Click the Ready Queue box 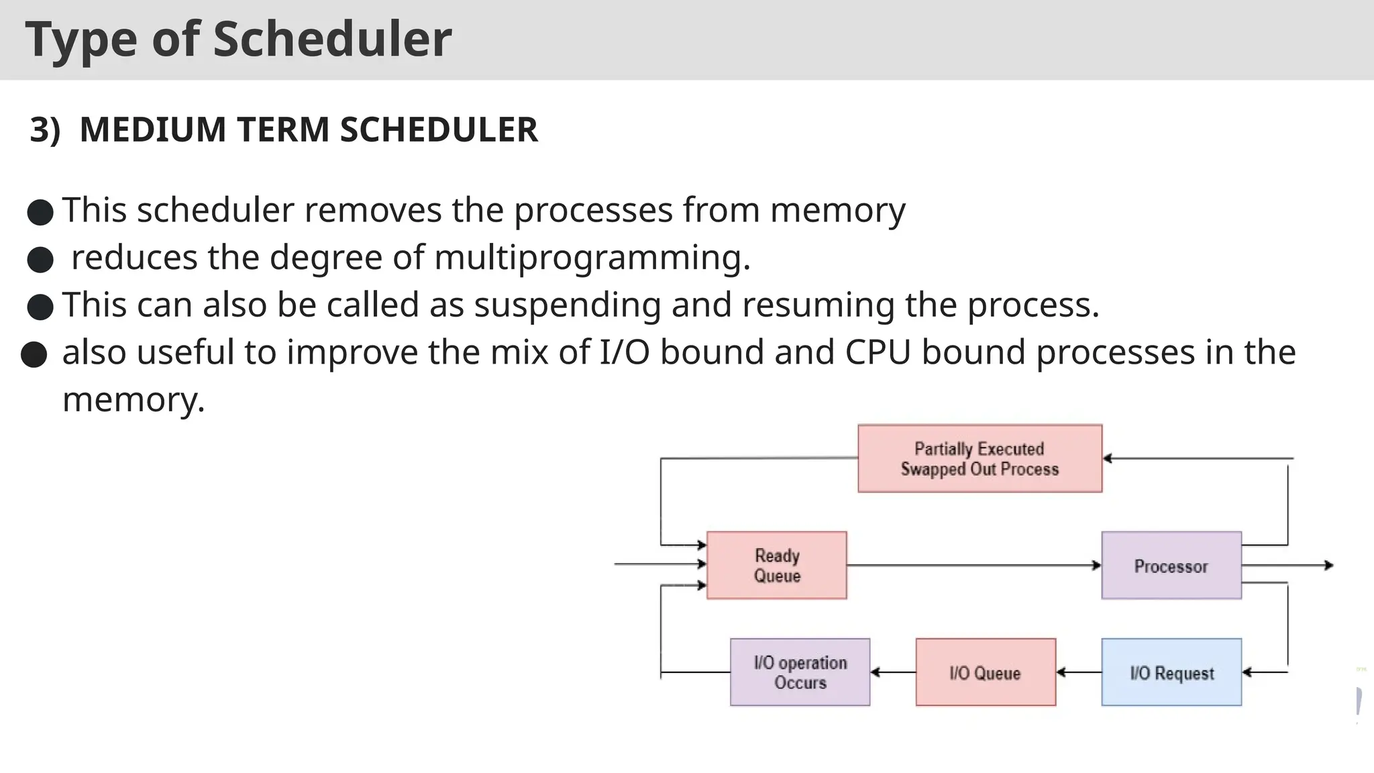click(x=776, y=565)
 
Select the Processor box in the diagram click(x=1171, y=565)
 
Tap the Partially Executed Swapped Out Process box click(x=980, y=458)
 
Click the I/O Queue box click(x=985, y=672)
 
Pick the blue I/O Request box click(x=1171, y=672)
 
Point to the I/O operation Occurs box click(x=800, y=672)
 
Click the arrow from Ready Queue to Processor click(x=973, y=566)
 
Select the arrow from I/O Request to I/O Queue click(x=1078, y=672)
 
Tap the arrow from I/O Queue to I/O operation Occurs click(x=892, y=672)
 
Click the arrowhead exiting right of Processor click(x=1328, y=566)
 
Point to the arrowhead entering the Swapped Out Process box click(x=1108, y=458)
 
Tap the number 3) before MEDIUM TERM click(x=45, y=130)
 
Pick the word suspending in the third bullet click(x=568, y=305)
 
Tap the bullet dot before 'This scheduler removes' click(x=40, y=213)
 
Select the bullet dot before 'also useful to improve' click(x=34, y=354)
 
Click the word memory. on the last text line click(x=134, y=400)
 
